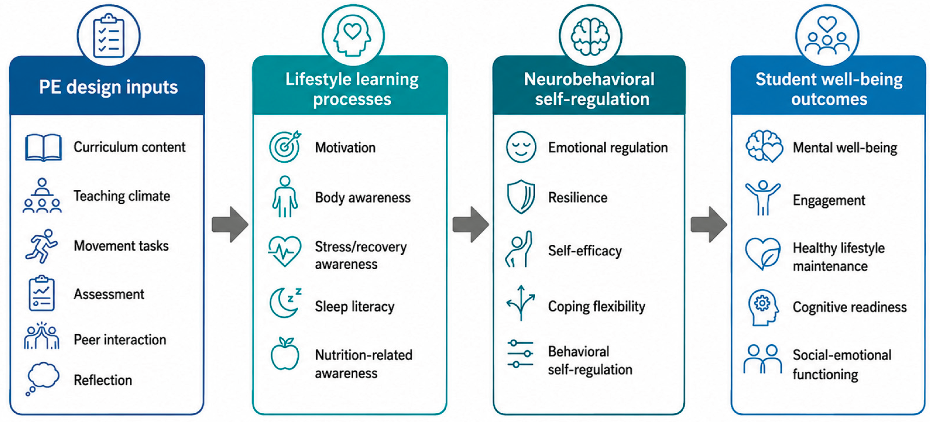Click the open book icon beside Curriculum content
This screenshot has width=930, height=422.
(43, 148)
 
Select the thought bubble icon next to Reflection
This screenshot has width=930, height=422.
(42, 378)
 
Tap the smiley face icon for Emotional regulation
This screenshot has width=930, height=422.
(521, 146)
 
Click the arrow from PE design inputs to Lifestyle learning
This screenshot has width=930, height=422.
(230, 224)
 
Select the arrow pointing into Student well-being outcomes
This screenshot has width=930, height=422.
(709, 224)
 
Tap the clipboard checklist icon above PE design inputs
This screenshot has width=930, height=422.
(109, 36)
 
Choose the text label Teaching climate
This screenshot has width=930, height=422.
(122, 196)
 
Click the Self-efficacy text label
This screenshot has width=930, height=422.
(585, 251)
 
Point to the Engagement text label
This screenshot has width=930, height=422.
(829, 200)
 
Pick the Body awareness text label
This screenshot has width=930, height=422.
(363, 197)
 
